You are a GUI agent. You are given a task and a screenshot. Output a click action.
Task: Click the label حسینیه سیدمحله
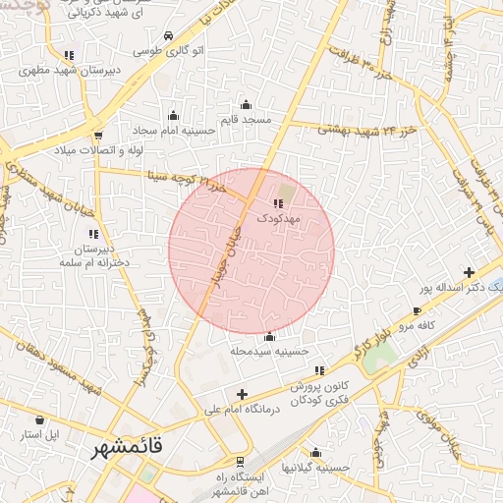tap(269, 350)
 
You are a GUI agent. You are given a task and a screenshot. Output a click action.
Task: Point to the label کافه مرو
tap(417, 323)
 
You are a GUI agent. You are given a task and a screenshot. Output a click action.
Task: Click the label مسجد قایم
tap(246, 119)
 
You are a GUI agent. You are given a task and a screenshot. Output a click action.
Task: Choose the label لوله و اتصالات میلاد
tap(98, 149)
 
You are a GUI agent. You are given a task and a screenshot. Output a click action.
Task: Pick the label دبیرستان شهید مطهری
tap(69, 71)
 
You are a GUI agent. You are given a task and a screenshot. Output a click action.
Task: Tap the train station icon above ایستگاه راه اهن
tap(241, 462)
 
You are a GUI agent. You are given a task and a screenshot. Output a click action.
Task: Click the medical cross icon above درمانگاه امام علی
tap(242, 394)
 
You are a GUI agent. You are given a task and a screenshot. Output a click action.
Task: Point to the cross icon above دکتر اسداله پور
tap(469, 272)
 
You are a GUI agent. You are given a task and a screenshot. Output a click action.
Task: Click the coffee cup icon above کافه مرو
tap(418, 310)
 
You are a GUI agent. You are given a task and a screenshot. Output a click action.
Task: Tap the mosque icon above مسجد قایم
tap(246, 105)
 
